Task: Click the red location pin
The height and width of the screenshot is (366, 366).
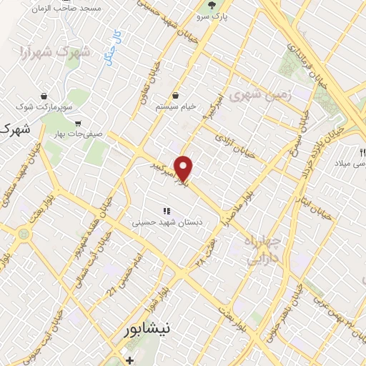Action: pyautogui.click(x=184, y=168)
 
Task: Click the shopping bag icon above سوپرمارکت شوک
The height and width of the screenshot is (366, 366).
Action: pyautogui.click(x=44, y=96)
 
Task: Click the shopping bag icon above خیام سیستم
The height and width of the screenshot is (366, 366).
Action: pyautogui.click(x=176, y=96)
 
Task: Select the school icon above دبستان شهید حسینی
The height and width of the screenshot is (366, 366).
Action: pyautogui.click(x=167, y=211)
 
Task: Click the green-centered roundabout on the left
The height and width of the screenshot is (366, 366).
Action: pyautogui.click(x=24, y=233)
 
